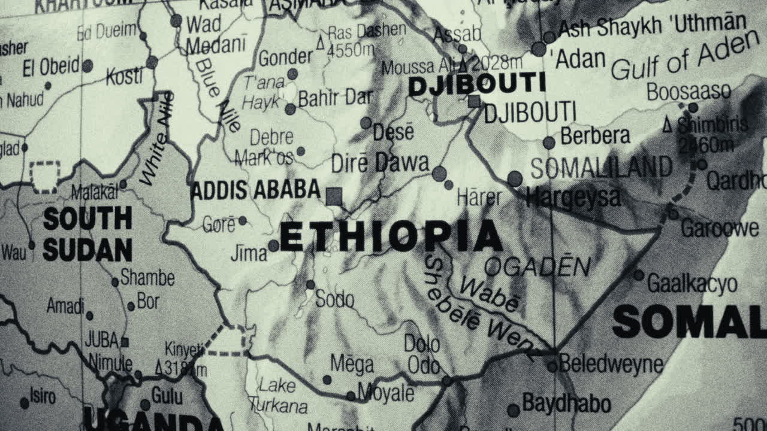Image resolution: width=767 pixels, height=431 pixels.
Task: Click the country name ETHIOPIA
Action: click(391, 236)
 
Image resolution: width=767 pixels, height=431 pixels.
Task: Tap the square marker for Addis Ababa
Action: click(334, 196)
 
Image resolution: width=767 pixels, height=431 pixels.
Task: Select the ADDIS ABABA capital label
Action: click(255, 190)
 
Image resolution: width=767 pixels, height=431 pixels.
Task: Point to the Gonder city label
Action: click(285, 58)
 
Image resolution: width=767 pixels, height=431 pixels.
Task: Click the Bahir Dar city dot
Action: click(290, 109)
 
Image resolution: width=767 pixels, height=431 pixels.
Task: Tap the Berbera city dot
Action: click(549, 142)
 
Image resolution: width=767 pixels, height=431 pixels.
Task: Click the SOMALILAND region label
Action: click(601, 168)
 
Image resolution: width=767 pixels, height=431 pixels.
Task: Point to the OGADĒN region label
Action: click(537, 267)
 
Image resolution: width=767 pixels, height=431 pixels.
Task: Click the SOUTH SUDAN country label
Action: click(87, 234)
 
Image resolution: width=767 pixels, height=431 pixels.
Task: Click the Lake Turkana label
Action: click(277, 395)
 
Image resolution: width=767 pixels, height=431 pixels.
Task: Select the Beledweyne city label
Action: click(611, 364)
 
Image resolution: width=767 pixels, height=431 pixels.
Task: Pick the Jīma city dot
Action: click(273, 245)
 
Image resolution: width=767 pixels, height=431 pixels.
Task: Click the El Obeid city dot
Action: click(87, 66)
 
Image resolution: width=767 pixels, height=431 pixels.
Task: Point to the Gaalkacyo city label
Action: click(692, 284)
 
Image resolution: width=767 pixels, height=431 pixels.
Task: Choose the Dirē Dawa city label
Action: click(380, 163)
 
